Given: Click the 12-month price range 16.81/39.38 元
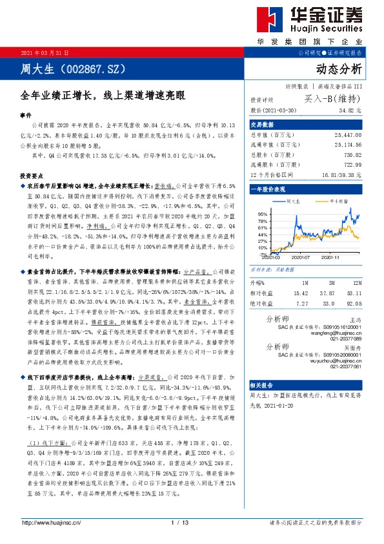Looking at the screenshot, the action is pyautogui.click(x=339, y=174).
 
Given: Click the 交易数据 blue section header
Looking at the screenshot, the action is pyautogui.click(x=263, y=124).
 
